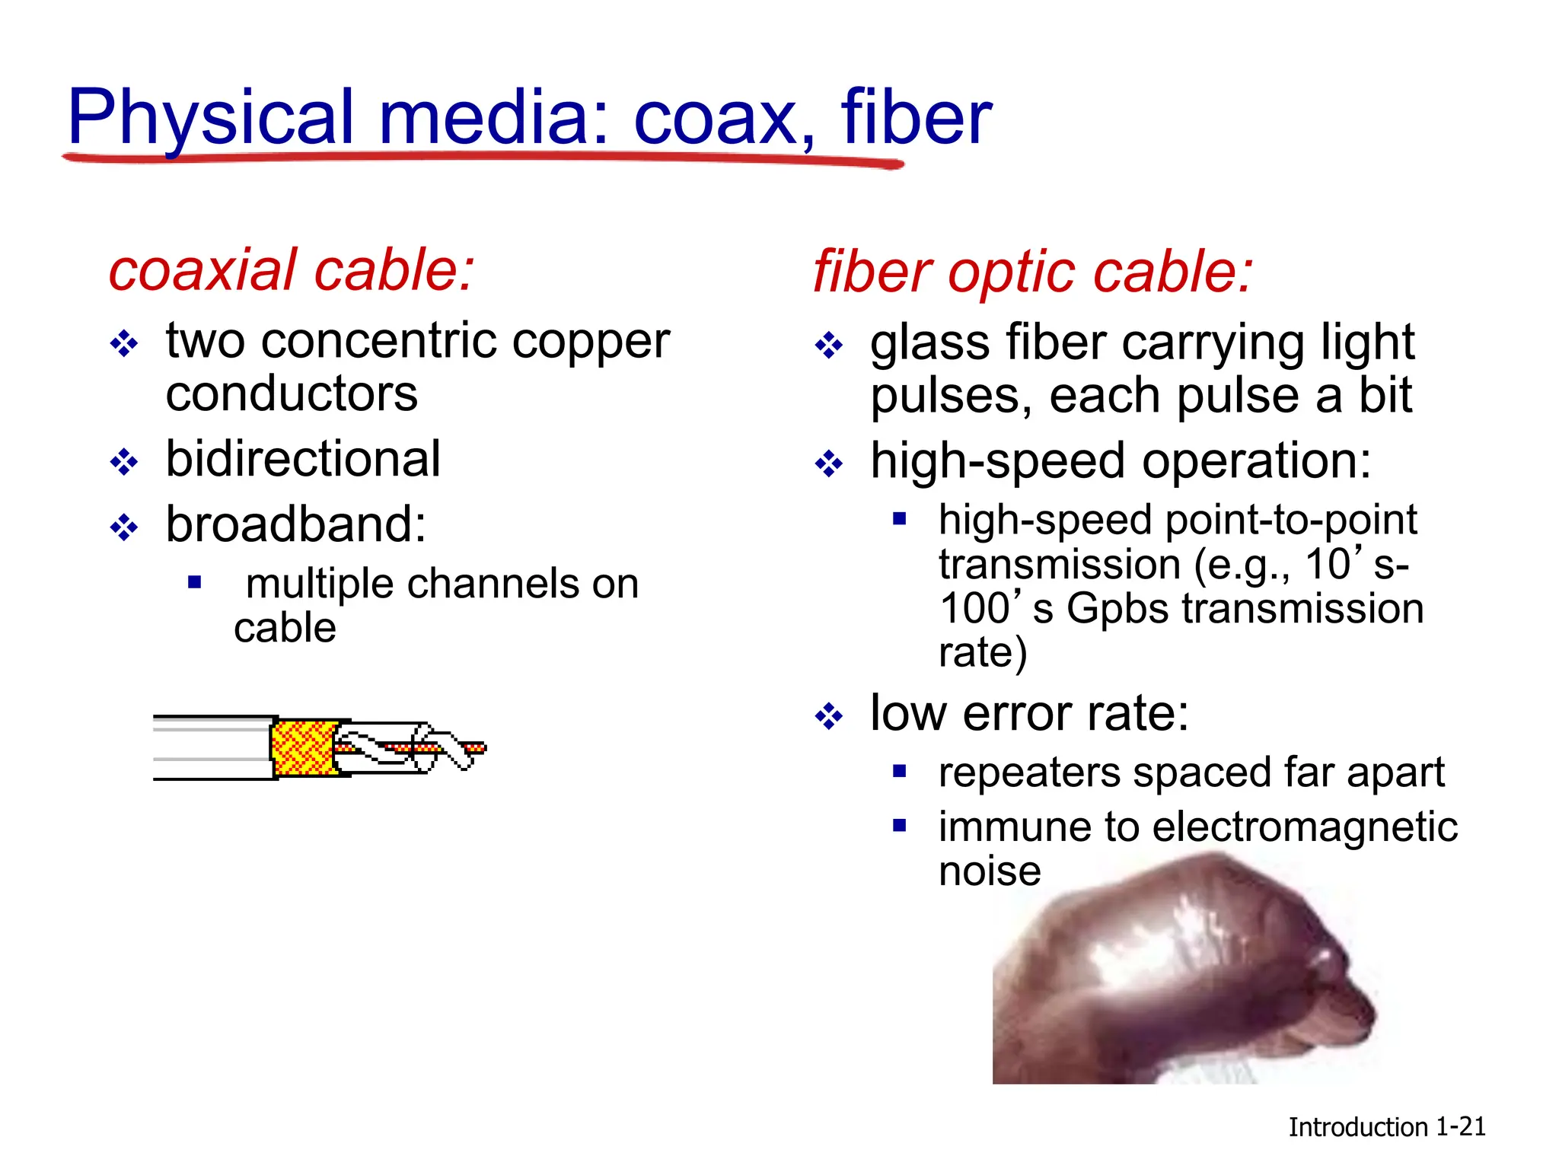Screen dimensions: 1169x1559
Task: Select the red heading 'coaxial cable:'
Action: click(x=292, y=270)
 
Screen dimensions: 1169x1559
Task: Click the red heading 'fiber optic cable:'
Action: click(x=1032, y=272)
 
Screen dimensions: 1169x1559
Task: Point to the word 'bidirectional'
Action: click(x=303, y=459)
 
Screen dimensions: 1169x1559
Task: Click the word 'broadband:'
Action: click(x=296, y=524)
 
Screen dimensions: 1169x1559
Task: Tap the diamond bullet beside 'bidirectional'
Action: click(x=124, y=462)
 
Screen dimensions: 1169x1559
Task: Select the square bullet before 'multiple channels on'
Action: click(x=195, y=583)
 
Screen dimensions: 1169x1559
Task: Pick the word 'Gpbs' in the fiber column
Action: click(x=1117, y=609)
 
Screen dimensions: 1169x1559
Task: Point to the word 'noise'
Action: click(x=989, y=871)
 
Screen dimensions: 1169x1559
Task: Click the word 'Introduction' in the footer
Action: click(x=1357, y=1127)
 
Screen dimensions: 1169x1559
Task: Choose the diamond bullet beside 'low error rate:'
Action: click(x=828, y=716)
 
